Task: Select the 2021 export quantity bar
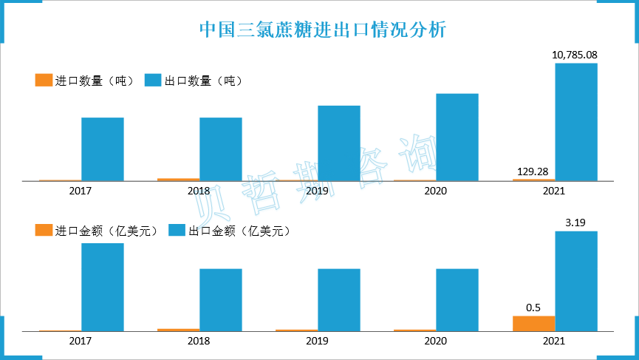pos(576,122)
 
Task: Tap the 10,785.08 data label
pos(575,55)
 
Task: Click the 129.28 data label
pos(534,171)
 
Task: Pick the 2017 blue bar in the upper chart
pos(103,149)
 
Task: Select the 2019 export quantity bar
pos(339,143)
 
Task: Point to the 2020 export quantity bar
pos(457,137)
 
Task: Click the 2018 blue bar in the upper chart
pos(221,149)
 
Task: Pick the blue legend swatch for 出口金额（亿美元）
pos(177,231)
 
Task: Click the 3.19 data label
pos(575,222)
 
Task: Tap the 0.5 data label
pos(534,307)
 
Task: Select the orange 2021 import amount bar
pos(534,323)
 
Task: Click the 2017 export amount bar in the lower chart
pos(103,287)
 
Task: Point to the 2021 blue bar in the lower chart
pos(576,281)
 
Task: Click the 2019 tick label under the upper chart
pos(317,191)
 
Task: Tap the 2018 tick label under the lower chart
pos(199,342)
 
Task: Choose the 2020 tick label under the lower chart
pos(435,342)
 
